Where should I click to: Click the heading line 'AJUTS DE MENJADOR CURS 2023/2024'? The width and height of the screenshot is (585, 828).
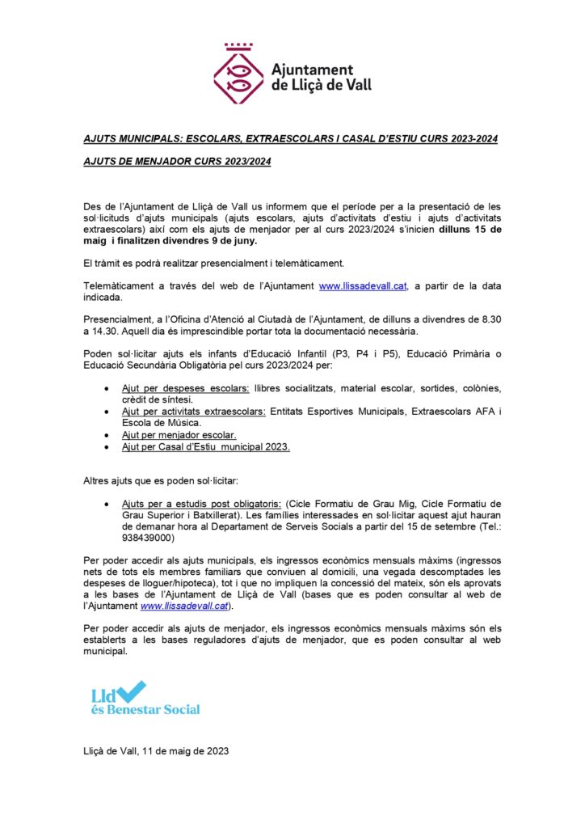(x=177, y=162)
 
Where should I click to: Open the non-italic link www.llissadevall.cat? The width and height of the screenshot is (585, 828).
(x=363, y=286)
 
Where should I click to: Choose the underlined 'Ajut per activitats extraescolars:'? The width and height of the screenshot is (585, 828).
(x=193, y=412)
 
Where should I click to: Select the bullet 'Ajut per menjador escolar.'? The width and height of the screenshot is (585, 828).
(x=179, y=435)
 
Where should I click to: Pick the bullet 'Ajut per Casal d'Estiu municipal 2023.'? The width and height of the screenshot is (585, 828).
(x=205, y=446)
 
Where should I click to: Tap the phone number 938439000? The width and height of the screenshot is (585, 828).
(x=148, y=537)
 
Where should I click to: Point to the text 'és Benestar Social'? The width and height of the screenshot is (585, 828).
(x=145, y=709)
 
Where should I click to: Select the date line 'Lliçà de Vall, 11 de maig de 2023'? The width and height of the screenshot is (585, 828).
(x=156, y=751)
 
